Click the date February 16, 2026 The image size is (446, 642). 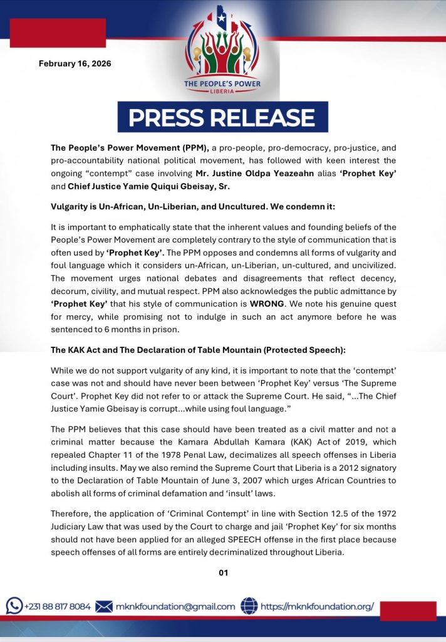(x=76, y=63)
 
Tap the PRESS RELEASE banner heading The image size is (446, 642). (x=222, y=118)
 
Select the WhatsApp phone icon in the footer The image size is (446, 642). (x=14, y=606)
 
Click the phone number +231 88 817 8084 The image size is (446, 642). (x=57, y=607)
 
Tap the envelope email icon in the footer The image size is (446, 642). (x=104, y=606)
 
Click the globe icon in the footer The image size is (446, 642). (x=249, y=606)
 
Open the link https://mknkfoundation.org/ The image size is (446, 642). (x=317, y=607)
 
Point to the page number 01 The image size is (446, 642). (x=223, y=572)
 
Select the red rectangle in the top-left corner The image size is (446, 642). (x=58, y=33)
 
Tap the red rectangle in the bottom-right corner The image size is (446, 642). (x=408, y=611)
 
